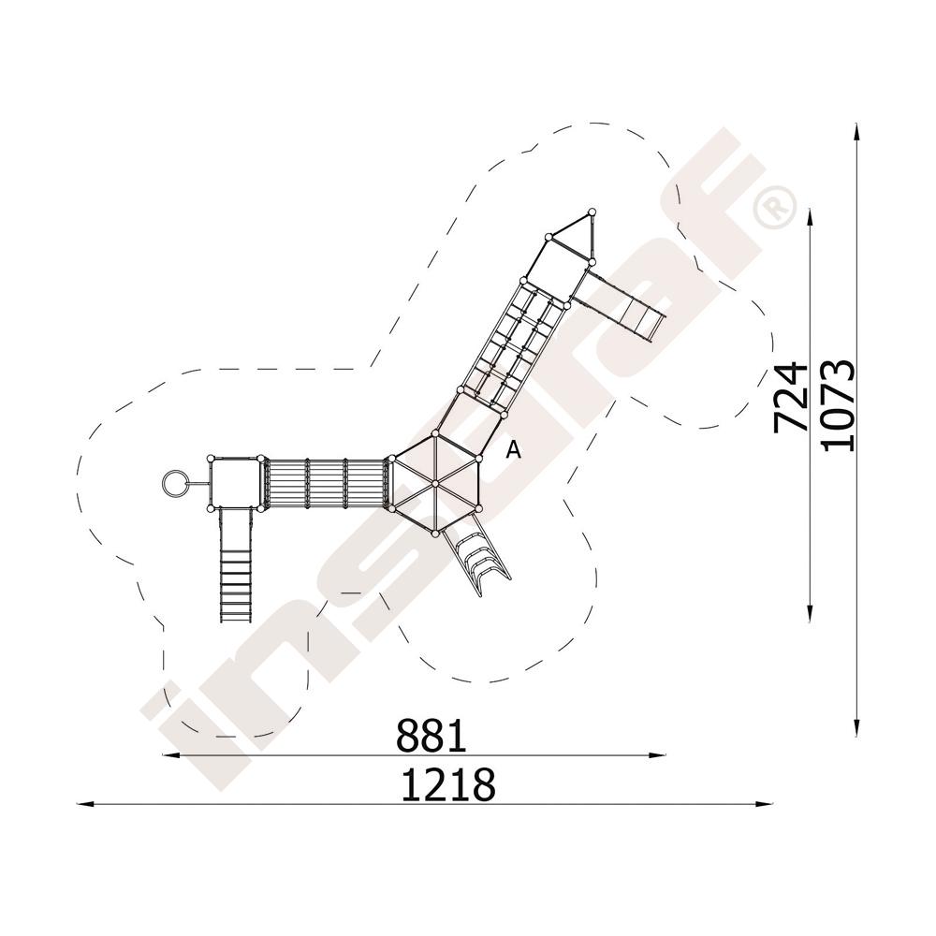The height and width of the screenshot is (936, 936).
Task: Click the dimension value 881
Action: click(x=431, y=736)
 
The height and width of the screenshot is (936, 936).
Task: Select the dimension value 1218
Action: click(x=447, y=784)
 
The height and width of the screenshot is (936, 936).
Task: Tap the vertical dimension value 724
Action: click(x=790, y=397)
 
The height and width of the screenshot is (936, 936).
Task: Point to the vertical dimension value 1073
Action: click(x=838, y=405)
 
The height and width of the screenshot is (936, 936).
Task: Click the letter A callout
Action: click(x=513, y=449)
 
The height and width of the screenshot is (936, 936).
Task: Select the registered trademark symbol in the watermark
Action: click(x=775, y=206)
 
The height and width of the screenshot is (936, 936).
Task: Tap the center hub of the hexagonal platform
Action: click(x=435, y=482)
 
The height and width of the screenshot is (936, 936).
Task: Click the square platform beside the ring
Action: click(x=236, y=483)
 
